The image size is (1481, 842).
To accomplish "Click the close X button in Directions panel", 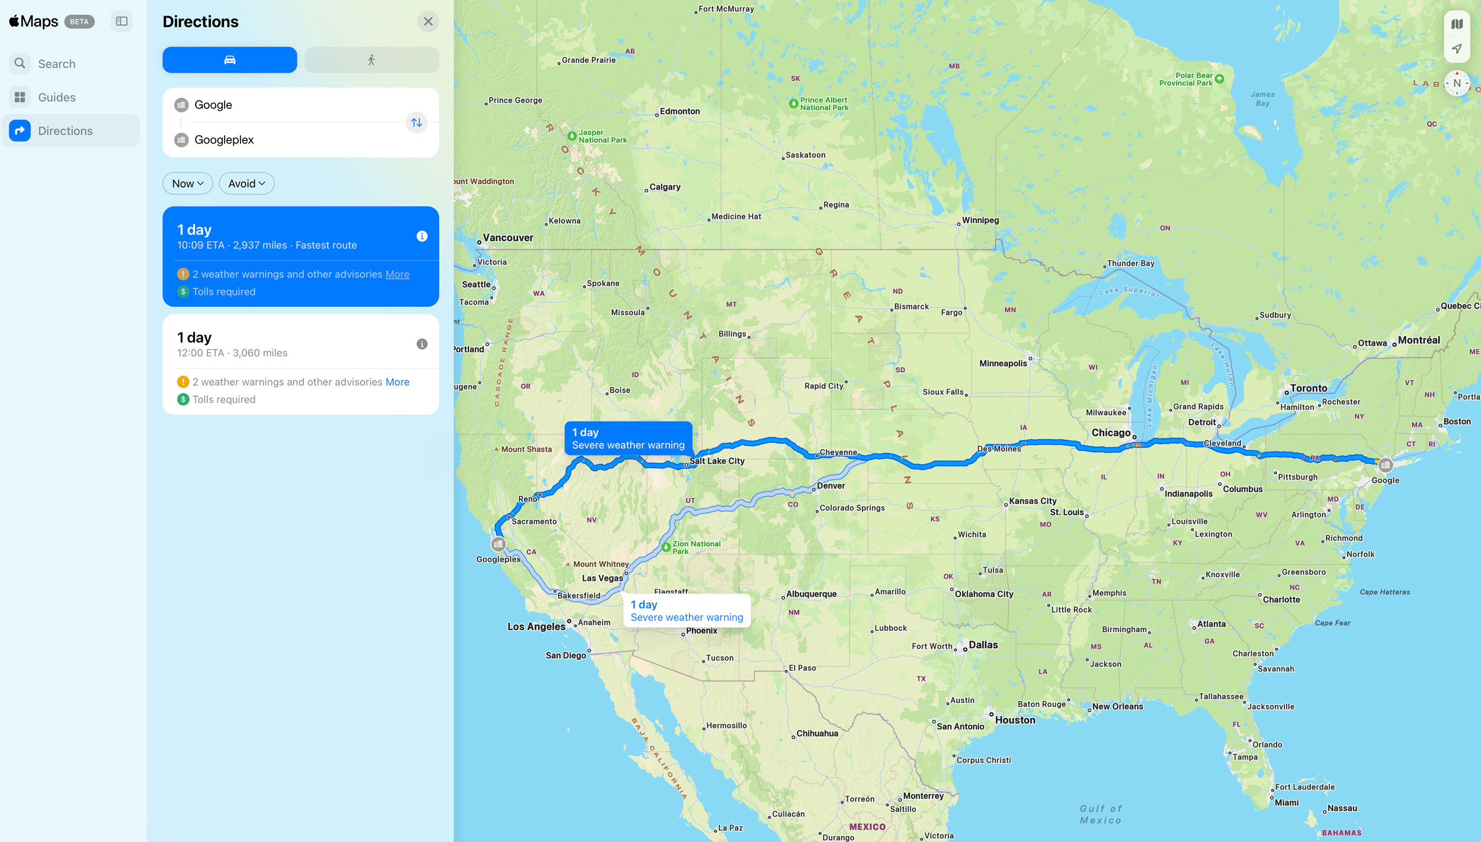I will pos(428,21).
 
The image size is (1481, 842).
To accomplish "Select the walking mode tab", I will pos(371,60).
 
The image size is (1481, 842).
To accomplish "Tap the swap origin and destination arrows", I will pos(416,123).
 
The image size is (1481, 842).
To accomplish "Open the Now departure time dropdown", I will pos(187,184).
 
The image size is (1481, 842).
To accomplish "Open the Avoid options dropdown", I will pos(246,184).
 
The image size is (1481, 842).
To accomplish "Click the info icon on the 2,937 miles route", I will pos(422,236).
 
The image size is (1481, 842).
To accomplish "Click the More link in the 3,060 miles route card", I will pos(397,382).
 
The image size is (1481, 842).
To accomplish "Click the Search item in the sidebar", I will pos(57,64).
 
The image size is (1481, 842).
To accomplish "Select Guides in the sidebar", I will pos(57,97).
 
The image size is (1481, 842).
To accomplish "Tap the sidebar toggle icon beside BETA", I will pos(121,21).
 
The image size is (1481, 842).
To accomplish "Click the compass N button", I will pos(1457,84).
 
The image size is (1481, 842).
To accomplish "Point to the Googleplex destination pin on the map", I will pos(498,544).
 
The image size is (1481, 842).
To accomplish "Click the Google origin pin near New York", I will pos(1385,465).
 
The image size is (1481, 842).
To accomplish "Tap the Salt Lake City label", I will pos(717,461).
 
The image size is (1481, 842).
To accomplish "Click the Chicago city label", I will pos(1111,433).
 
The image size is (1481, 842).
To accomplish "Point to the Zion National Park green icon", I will pos(666,547).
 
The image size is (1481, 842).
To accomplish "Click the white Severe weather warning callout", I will pos(687,611).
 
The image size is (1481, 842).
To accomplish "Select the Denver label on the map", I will pos(831,486).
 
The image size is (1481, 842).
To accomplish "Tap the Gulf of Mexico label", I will pos(1100,815).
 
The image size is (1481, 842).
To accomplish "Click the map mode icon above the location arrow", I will pos(1457,24).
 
